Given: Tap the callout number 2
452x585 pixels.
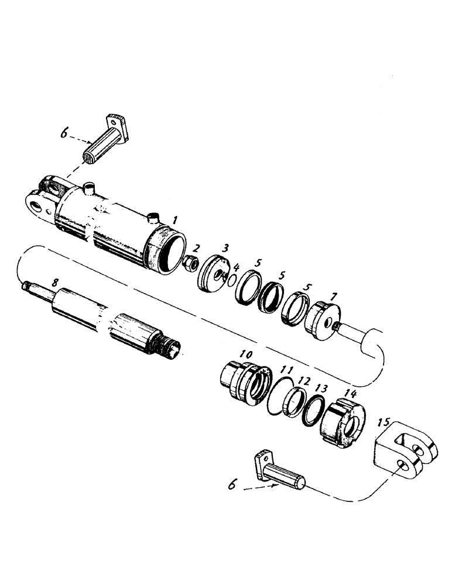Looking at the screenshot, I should [197, 247].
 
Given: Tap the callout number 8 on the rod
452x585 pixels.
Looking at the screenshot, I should [54, 283].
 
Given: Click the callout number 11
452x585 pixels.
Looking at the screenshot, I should [286, 370].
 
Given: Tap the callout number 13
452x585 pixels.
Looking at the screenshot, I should [321, 388].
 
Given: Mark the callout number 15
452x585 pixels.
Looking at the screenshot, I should [384, 422].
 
